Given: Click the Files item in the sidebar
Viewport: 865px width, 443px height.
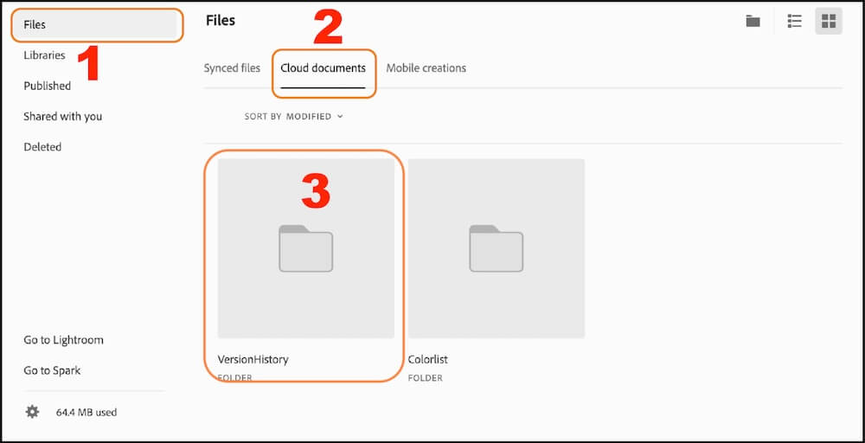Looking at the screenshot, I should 35,25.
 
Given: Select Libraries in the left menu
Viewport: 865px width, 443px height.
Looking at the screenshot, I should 44,55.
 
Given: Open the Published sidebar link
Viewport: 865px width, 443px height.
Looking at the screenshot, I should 48,86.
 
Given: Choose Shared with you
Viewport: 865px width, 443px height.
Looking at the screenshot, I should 62,116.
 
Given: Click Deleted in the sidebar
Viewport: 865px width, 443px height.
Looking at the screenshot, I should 42,147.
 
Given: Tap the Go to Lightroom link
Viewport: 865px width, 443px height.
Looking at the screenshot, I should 64,340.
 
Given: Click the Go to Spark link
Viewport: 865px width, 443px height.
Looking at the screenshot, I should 52,370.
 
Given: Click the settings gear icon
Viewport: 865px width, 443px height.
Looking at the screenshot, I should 32,412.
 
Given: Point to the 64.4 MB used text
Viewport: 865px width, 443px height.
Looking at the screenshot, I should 86,413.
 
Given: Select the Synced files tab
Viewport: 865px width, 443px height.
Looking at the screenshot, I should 232,68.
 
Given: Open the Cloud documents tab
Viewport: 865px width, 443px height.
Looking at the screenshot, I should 323,68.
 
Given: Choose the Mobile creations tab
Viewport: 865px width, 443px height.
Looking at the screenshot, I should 426,68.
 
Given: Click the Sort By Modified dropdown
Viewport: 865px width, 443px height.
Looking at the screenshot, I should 294,116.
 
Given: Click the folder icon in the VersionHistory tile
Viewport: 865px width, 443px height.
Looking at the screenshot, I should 305,248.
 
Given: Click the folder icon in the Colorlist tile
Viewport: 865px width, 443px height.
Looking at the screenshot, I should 496,248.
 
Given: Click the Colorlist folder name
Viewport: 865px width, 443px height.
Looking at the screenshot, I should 428,359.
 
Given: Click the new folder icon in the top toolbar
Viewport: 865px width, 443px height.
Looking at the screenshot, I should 753,22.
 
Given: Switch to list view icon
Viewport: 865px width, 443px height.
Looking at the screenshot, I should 794,22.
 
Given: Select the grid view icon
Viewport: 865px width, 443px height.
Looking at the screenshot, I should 828,22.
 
